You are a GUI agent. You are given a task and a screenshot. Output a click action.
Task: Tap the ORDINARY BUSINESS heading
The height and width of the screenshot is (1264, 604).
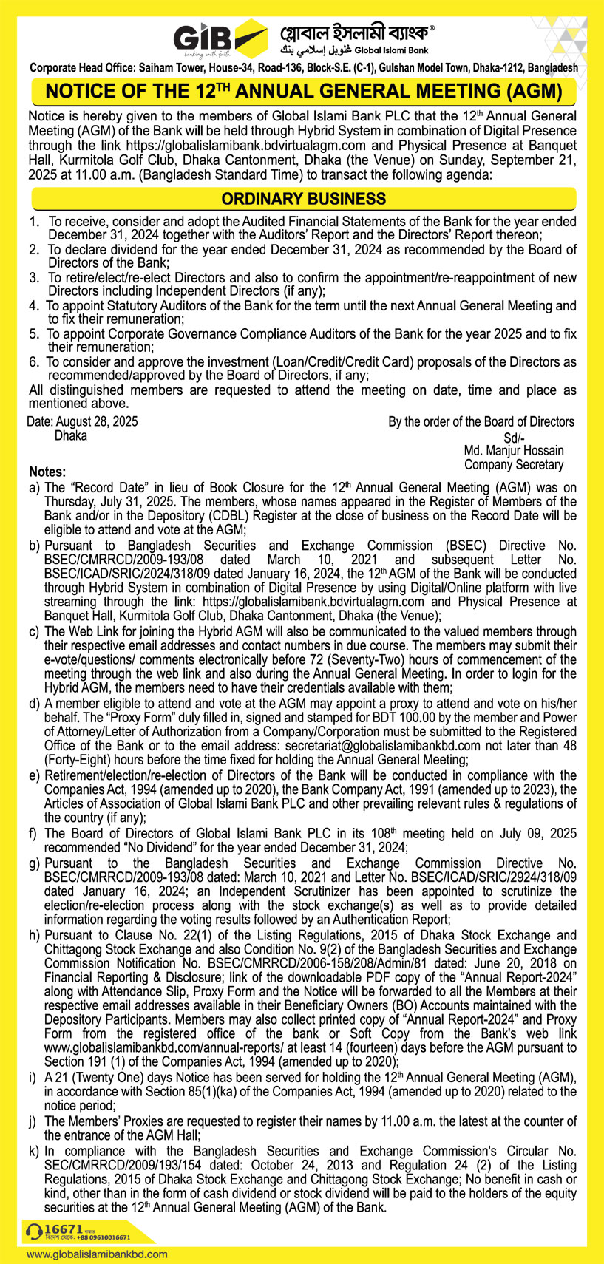tap(303, 199)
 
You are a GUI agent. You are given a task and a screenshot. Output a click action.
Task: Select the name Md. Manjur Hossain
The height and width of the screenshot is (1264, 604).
tap(513, 450)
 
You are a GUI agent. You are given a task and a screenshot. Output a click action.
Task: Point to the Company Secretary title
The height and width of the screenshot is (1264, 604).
tap(513, 465)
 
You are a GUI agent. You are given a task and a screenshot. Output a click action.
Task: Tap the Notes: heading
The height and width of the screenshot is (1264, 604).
tap(48, 472)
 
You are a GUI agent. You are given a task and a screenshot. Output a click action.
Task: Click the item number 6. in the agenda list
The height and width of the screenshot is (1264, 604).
tap(34, 362)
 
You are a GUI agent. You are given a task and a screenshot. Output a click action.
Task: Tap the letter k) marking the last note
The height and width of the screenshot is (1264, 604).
tap(34, 1151)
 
